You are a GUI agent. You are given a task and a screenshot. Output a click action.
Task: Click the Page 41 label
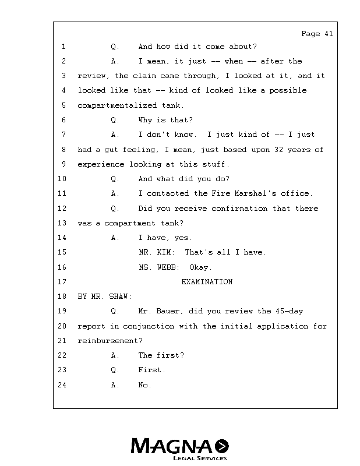[317, 34]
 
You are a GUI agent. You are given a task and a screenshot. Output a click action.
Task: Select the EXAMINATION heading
[207, 282]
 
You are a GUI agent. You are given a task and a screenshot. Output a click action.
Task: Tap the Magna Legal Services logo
[180, 449]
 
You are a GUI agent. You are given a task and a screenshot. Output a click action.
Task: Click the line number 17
[62, 282]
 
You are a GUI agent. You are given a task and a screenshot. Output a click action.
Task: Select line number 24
[62, 385]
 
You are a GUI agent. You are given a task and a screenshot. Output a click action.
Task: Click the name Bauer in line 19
[172, 311]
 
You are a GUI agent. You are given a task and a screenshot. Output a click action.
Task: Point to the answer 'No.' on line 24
[144, 385]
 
